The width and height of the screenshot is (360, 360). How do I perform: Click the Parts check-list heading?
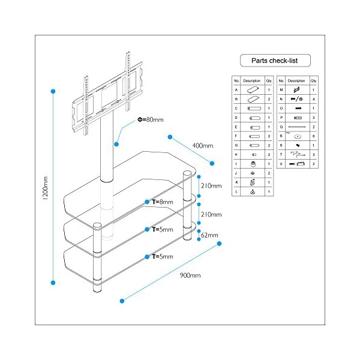click(x=275, y=61)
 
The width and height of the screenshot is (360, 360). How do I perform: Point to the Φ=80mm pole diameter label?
click(x=150, y=120)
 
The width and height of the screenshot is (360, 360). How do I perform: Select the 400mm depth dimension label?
click(x=202, y=146)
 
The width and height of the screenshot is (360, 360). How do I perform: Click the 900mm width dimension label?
click(x=190, y=275)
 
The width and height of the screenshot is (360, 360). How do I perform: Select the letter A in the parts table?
click(x=237, y=89)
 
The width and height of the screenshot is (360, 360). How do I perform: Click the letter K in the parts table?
click(x=237, y=182)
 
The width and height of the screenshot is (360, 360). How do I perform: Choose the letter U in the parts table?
click(x=281, y=163)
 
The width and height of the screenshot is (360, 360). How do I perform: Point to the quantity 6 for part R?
click(x=314, y=136)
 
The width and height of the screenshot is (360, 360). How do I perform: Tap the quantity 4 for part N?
click(x=314, y=98)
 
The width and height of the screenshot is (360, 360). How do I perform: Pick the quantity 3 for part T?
click(x=314, y=154)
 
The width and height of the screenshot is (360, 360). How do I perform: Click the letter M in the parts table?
click(x=281, y=89)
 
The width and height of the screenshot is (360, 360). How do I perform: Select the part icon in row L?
click(x=253, y=191)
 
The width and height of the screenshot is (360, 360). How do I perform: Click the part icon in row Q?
click(x=297, y=127)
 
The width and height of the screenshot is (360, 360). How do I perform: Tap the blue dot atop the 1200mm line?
click(x=53, y=91)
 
